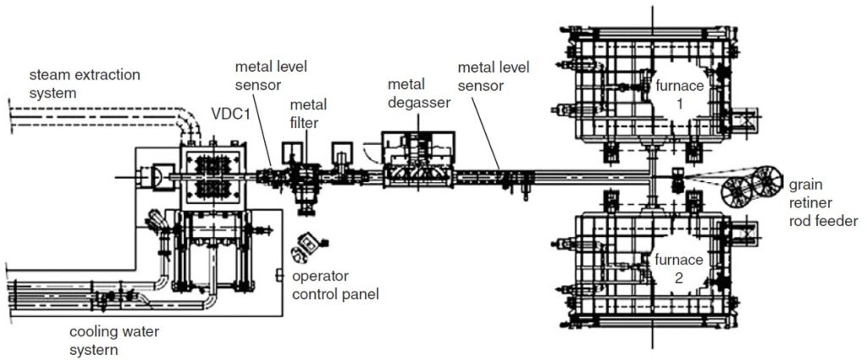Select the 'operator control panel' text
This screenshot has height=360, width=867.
click(334, 285)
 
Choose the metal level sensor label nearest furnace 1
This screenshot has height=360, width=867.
click(489, 75)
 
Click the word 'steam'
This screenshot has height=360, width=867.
click(49, 75)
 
